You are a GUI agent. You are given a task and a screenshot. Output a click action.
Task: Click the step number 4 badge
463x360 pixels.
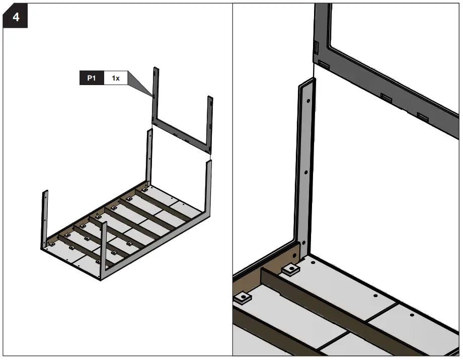(x=15, y=18)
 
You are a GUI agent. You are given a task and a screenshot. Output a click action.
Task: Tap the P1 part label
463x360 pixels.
(x=92, y=79)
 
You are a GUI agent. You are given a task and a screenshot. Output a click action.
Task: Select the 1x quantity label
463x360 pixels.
(x=116, y=79)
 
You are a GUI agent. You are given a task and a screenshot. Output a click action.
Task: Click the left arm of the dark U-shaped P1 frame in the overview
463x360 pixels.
(x=155, y=96)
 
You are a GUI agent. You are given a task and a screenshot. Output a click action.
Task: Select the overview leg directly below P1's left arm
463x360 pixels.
(x=149, y=156)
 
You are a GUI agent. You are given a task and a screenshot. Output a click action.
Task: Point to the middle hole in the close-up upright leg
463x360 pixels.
(x=305, y=171)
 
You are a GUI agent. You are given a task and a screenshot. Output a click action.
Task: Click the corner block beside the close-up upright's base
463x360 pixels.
(x=290, y=270)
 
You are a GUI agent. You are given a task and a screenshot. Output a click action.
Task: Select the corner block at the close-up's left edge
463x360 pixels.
(x=243, y=299)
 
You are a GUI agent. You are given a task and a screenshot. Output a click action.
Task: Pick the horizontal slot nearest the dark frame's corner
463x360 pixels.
(x=324, y=65)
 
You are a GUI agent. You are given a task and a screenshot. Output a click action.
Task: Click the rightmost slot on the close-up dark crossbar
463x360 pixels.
(x=423, y=117)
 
